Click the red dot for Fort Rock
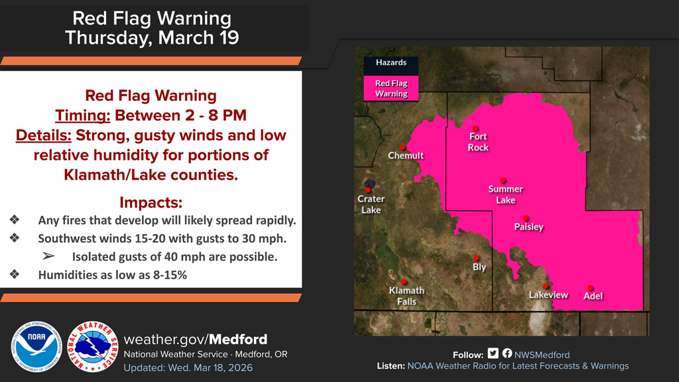[x=475, y=129]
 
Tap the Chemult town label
[x=405, y=156]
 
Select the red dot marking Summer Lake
[x=503, y=180]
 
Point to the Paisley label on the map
[x=528, y=227]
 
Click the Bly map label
[x=479, y=267]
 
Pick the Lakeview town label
[x=548, y=295]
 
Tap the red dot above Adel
[x=589, y=287]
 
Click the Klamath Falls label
[x=407, y=296]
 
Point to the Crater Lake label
[x=371, y=204]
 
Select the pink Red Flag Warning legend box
[x=391, y=88]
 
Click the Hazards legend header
[x=391, y=63]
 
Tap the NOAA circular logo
[x=35, y=347]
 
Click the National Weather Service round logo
[x=93, y=347]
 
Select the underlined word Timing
[x=82, y=115]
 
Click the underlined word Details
[x=43, y=135]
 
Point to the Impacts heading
[x=151, y=202]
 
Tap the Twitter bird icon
[x=493, y=354]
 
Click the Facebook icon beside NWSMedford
[x=507, y=354]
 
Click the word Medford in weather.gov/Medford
[x=239, y=339]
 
